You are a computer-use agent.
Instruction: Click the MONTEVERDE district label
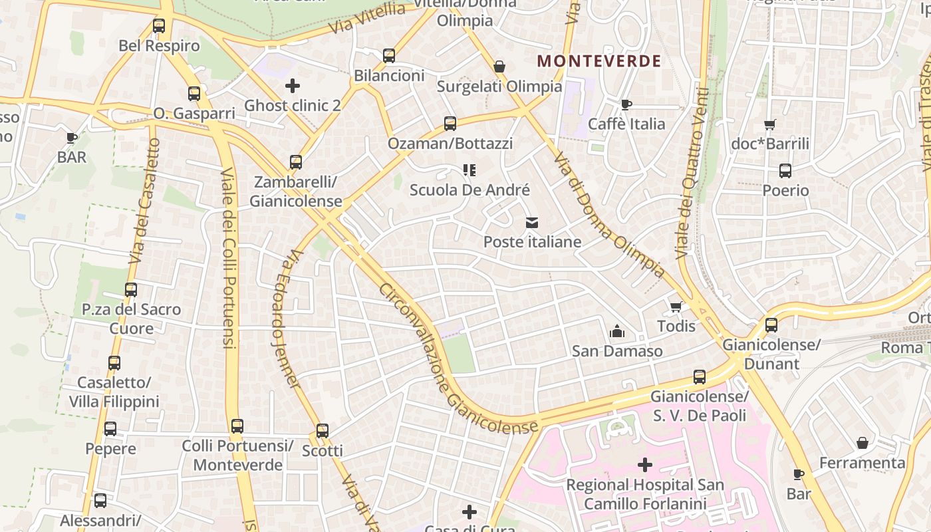(x=599, y=61)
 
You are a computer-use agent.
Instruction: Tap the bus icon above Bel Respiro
(x=159, y=26)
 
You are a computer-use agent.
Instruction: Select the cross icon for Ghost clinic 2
(x=292, y=86)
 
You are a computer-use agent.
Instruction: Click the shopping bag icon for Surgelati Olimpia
(x=499, y=66)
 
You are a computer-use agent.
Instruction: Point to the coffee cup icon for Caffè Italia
(x=626, y=104)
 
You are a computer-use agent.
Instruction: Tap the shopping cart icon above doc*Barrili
(x=770, y=124)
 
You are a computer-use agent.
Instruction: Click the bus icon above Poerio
(x=785, y=171)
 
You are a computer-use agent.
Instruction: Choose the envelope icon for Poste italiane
(x=532, y=223)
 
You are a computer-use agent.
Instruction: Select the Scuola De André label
(x=469, y=190)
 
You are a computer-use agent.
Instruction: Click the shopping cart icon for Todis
(x=676, y=307)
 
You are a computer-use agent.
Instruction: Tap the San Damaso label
(x=617, y=351)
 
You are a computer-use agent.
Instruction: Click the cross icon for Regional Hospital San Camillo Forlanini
(x=644, y=465)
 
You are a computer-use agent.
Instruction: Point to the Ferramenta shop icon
(x=863, y=443)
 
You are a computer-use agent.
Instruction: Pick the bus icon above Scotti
(x=323, y=431)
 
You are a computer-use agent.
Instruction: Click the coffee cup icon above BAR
(x=72, y=138)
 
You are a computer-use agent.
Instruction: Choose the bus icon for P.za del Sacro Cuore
(x=131, y=290)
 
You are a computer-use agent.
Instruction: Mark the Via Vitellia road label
(x=366, y=19)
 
